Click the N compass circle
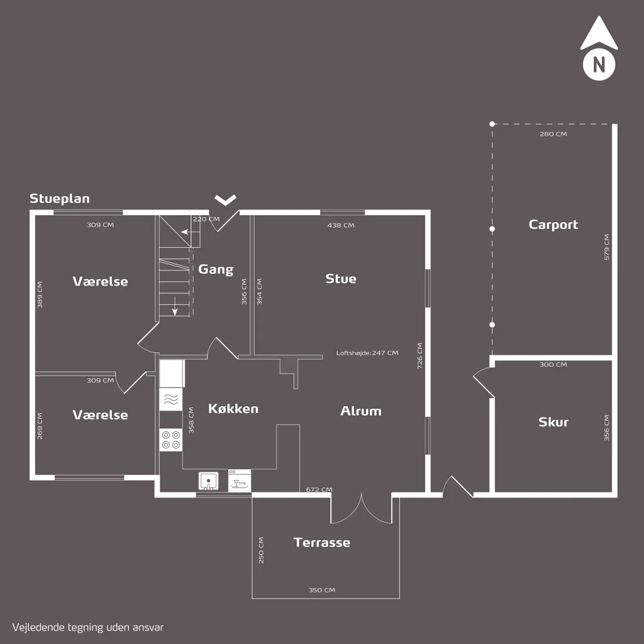click(599, 65)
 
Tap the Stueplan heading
click(60, 198)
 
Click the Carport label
click(553, 225)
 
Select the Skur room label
click(553, 422)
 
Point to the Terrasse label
click(322, 543)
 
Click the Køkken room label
click(233, 409)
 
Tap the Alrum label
click(361, 411)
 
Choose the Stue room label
click(341, 279)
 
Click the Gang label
click(216, 269)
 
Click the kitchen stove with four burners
click(171, 440)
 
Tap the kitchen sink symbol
click(208, 481)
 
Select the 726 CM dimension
click(419, 356)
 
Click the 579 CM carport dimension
click(607, 247)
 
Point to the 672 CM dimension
click(319, 489)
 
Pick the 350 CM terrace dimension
click(322, 590)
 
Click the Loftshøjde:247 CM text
click(367, 353)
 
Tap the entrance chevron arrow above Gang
click(226, 199)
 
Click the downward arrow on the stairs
click(175, 306)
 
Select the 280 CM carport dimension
click(553, 134)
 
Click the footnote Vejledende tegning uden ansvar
click(88, 628)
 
